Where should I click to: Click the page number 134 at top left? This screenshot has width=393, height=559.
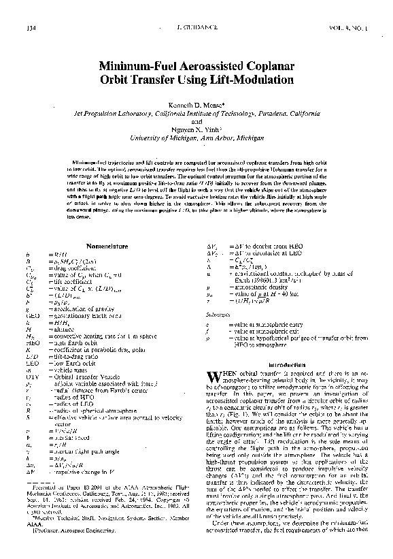(29, 28)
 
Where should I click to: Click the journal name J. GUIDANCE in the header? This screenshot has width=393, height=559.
(194, 28)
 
